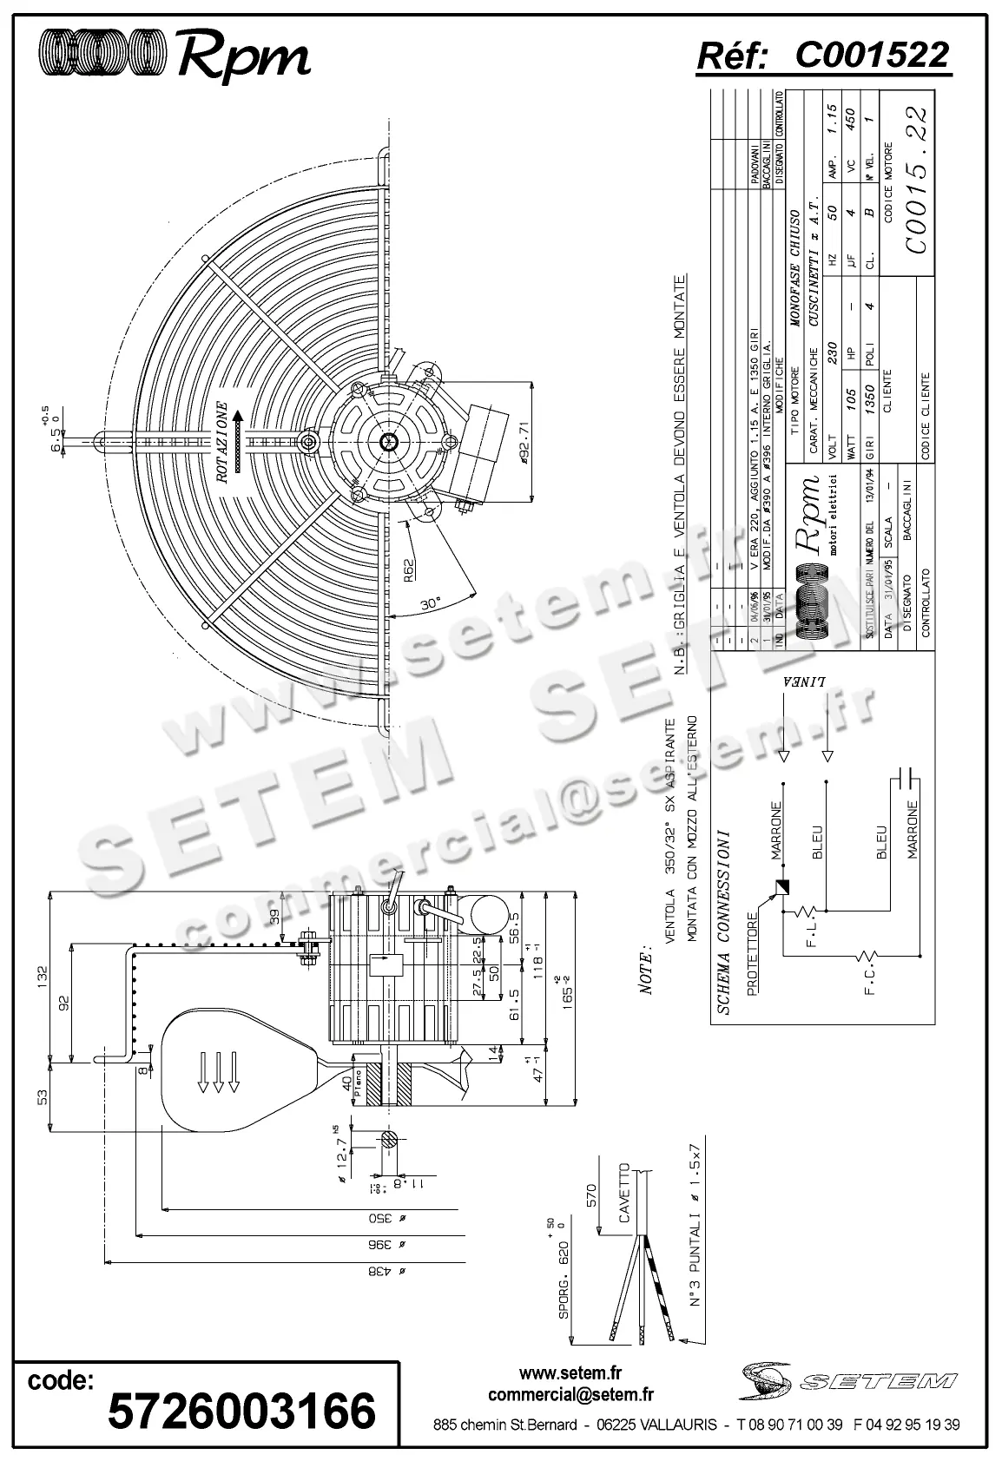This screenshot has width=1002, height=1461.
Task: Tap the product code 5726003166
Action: [241, 1410]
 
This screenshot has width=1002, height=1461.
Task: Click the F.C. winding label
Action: [873, 987]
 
